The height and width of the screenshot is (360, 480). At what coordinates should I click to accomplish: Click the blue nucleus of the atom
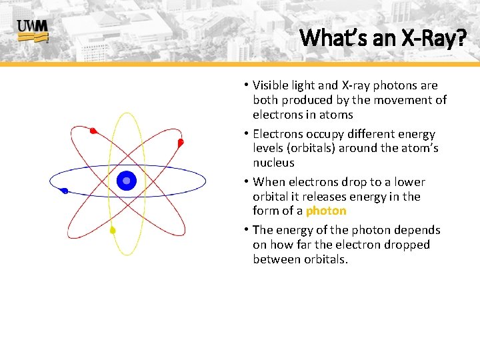(126, 180)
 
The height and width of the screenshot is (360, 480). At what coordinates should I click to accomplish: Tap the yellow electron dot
(113, 231)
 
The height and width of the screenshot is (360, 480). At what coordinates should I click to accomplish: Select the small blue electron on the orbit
(64, 191)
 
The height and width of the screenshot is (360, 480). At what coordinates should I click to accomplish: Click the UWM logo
(32, 30)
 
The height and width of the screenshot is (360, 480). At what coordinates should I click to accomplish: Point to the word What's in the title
(327, 38)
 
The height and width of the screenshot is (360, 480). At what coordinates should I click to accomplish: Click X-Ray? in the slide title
(433, 38)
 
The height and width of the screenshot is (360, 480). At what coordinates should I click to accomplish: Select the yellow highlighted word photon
(326, 211)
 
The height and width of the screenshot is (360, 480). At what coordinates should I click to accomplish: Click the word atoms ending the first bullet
(337, 115)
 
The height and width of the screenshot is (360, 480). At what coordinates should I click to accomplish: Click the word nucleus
(273, 163)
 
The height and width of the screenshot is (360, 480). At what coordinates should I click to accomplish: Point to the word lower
(409, 182)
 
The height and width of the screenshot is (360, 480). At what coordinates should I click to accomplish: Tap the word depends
(417, 230)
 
